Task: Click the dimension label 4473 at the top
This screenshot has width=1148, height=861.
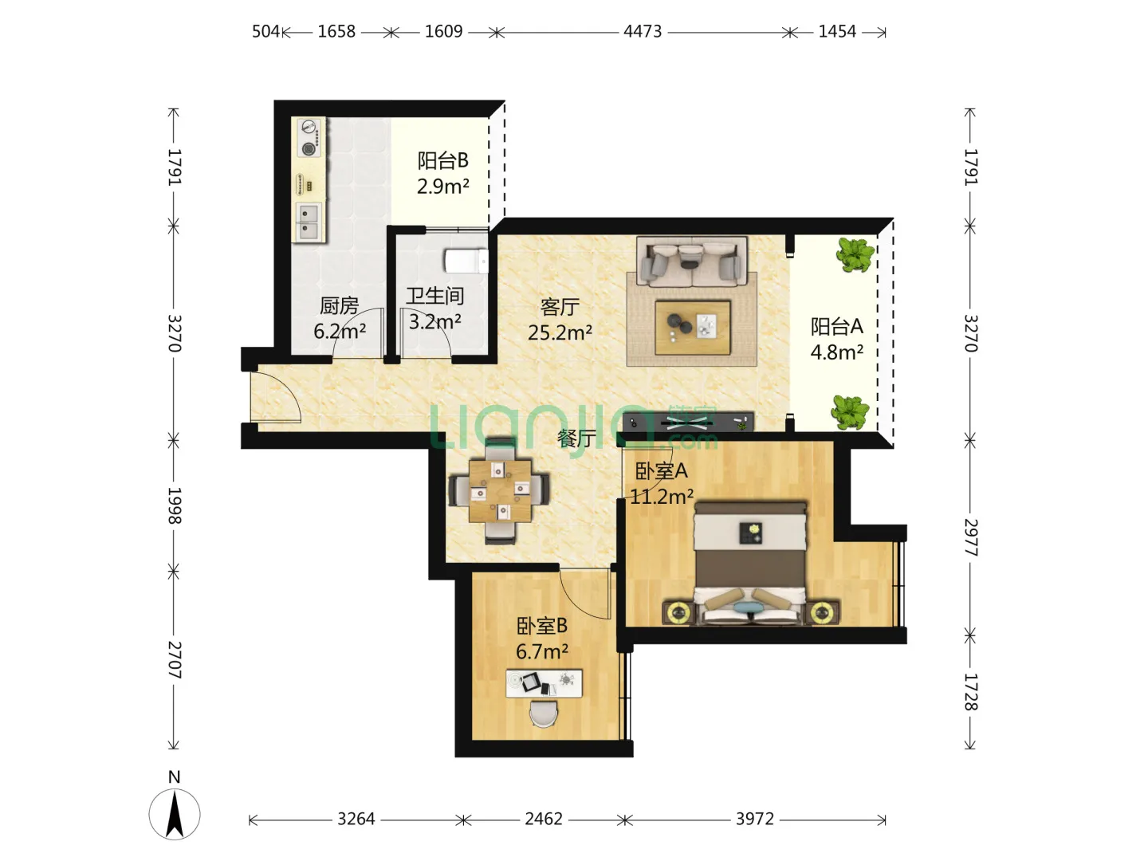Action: click(x=643, y=32)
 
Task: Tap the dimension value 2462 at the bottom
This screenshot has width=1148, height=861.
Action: click(x=544, y=819)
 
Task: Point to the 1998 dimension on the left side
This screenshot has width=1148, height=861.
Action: click(x=174, y=505)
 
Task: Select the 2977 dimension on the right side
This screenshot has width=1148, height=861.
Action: click(x=971, y=537)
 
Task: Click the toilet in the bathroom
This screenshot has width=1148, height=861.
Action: click(x=466, y=261)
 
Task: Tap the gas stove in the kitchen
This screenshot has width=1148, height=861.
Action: click(x=309, y=137)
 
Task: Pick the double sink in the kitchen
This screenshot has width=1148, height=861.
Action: click(x=309, y=222)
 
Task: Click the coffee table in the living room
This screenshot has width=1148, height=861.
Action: click(x=693, y=328)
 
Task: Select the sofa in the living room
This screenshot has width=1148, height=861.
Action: click(x=692, y=261)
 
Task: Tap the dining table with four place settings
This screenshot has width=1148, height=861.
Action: click(x=500, y=491)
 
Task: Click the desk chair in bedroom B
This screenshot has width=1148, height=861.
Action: click(x=544, y=713)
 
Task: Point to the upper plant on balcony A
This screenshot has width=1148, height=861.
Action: click(x=855, y=254)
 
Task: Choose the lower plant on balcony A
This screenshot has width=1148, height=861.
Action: click(x=851, y=412)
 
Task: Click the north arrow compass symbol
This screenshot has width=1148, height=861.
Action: click(x=175, y=814)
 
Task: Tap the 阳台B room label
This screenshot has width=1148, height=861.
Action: click(x=442, y=160)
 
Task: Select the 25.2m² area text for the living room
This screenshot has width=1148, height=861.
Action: click(x=560, y=332)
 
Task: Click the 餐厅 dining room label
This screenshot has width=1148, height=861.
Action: click(x=576, y=438)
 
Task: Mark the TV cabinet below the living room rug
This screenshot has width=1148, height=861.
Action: click(x=688, y=422)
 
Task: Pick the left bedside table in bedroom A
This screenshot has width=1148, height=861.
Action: click(x=678, y=611)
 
